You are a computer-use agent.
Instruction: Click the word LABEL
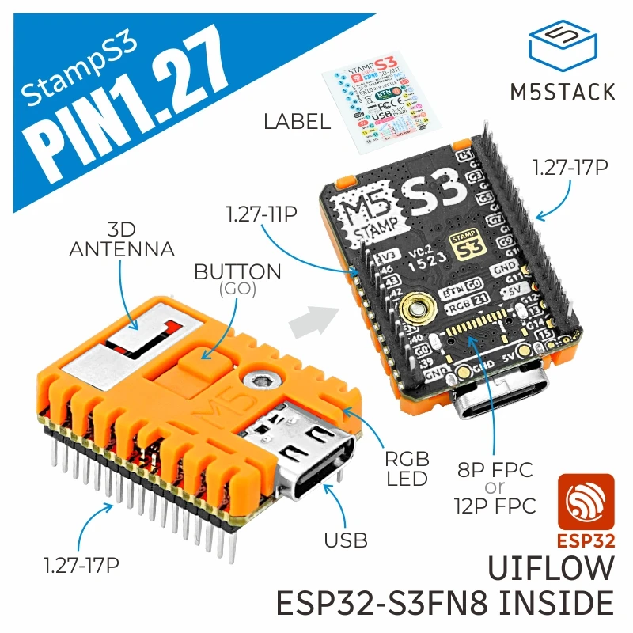point(297,122)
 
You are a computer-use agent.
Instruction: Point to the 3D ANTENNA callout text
point(121,239)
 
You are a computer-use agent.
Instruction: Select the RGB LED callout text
point(407,468)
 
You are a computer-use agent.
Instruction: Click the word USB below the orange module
point(346,540)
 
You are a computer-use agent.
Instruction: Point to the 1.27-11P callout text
point(261,214)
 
